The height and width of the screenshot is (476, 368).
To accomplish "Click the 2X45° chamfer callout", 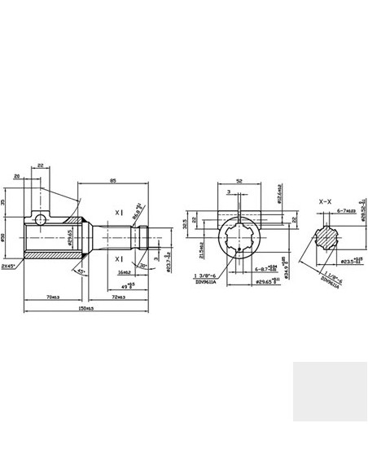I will (x=9, y=265).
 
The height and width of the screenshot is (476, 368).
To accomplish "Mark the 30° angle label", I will (x=143, y=265).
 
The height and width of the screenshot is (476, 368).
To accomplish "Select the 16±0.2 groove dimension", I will (x=125, y=271).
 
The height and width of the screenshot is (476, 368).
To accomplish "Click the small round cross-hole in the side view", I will (x=42, y=219).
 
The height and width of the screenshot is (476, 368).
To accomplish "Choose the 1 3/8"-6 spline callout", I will (x=208, y=277).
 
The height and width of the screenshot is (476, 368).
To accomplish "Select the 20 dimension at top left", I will (x=16, y=176).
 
